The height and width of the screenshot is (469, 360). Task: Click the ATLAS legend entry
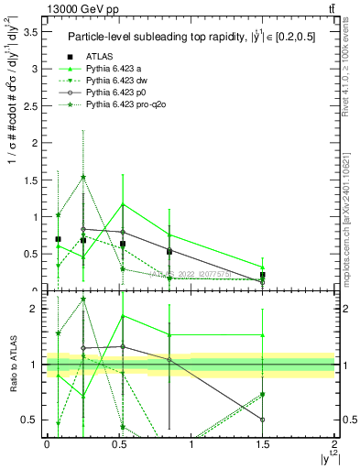[101, 57]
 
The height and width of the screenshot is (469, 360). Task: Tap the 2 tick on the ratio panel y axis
[34, 309]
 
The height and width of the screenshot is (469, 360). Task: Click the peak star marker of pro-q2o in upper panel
[83, 178]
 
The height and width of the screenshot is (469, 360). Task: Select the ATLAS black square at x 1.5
[263, 275]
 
